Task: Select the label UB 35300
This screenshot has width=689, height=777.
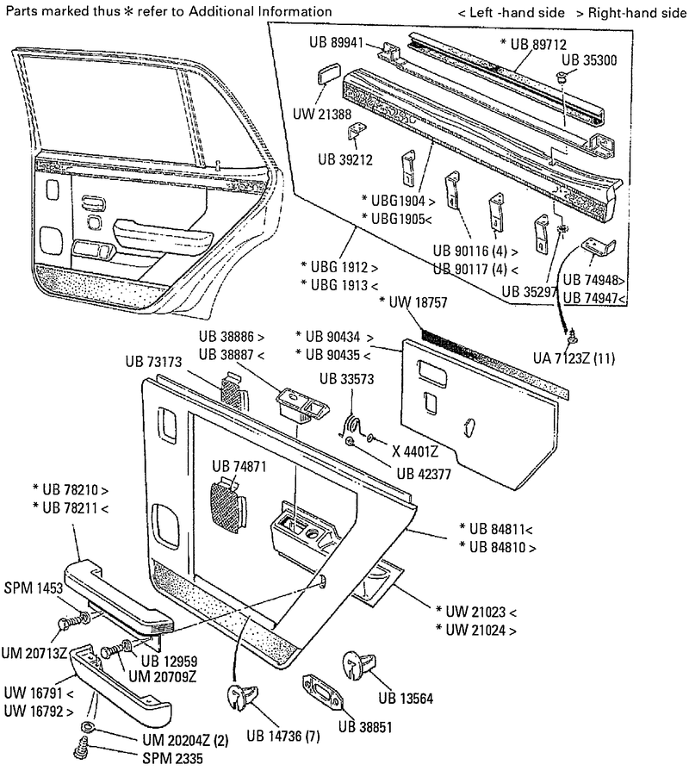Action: pos(589,59)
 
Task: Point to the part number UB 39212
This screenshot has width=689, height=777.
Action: pos(345,159)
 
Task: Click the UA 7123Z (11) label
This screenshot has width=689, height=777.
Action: pos(574,357)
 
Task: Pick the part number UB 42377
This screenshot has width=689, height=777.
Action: pos(427,471)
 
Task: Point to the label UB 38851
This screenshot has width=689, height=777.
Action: pos(368,725)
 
